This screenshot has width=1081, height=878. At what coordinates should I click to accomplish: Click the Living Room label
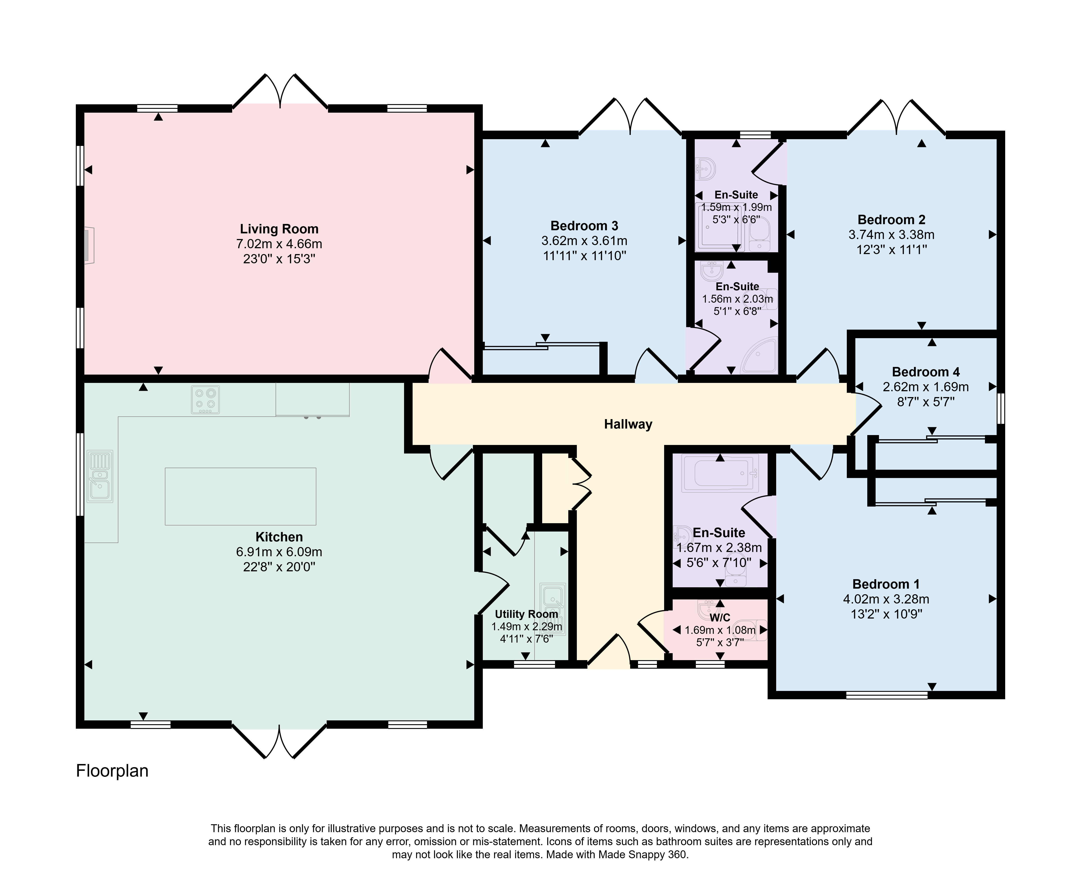click(x=279, y=229)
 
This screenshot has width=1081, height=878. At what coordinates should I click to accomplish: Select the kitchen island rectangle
click(x=240, y=496)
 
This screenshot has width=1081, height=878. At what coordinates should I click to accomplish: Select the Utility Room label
click(x=526, y=614)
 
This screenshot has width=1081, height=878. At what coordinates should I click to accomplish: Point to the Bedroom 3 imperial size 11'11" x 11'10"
click(x=584, y=256)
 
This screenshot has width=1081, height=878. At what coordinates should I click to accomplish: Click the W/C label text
click(x=720, y=618)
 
